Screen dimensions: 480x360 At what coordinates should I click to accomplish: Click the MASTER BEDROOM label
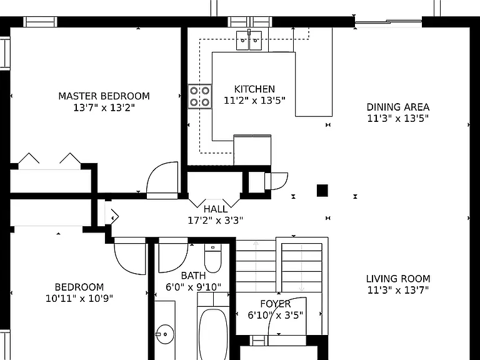click(104, 96)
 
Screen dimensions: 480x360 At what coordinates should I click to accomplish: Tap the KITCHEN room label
click(254, 89)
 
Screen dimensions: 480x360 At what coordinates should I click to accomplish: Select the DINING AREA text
click(398, 107)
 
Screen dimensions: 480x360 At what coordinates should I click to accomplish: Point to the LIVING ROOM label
click(398, 279)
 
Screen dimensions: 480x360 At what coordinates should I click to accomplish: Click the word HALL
click(216, 209)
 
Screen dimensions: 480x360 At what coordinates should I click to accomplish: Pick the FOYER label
click(276, 304)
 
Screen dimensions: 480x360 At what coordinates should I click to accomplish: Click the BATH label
click(194, 276)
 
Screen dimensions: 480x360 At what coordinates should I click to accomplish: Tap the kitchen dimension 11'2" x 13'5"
click(254, 101)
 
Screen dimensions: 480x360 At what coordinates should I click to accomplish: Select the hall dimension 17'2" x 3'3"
click(216, 220)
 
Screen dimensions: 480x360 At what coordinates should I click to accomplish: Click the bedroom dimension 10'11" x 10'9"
click(79, 298)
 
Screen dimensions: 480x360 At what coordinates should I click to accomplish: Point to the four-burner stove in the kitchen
click(199, 96)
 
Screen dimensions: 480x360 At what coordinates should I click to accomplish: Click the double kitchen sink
click(249, 41)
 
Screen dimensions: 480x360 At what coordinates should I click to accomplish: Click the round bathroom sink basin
click(165, 334)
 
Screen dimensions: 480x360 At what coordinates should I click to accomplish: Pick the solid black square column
click(322, 191)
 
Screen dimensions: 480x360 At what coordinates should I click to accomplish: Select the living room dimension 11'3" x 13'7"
click(398, 289)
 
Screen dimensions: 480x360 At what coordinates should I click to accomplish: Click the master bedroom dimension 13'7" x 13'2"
click(104, 107)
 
